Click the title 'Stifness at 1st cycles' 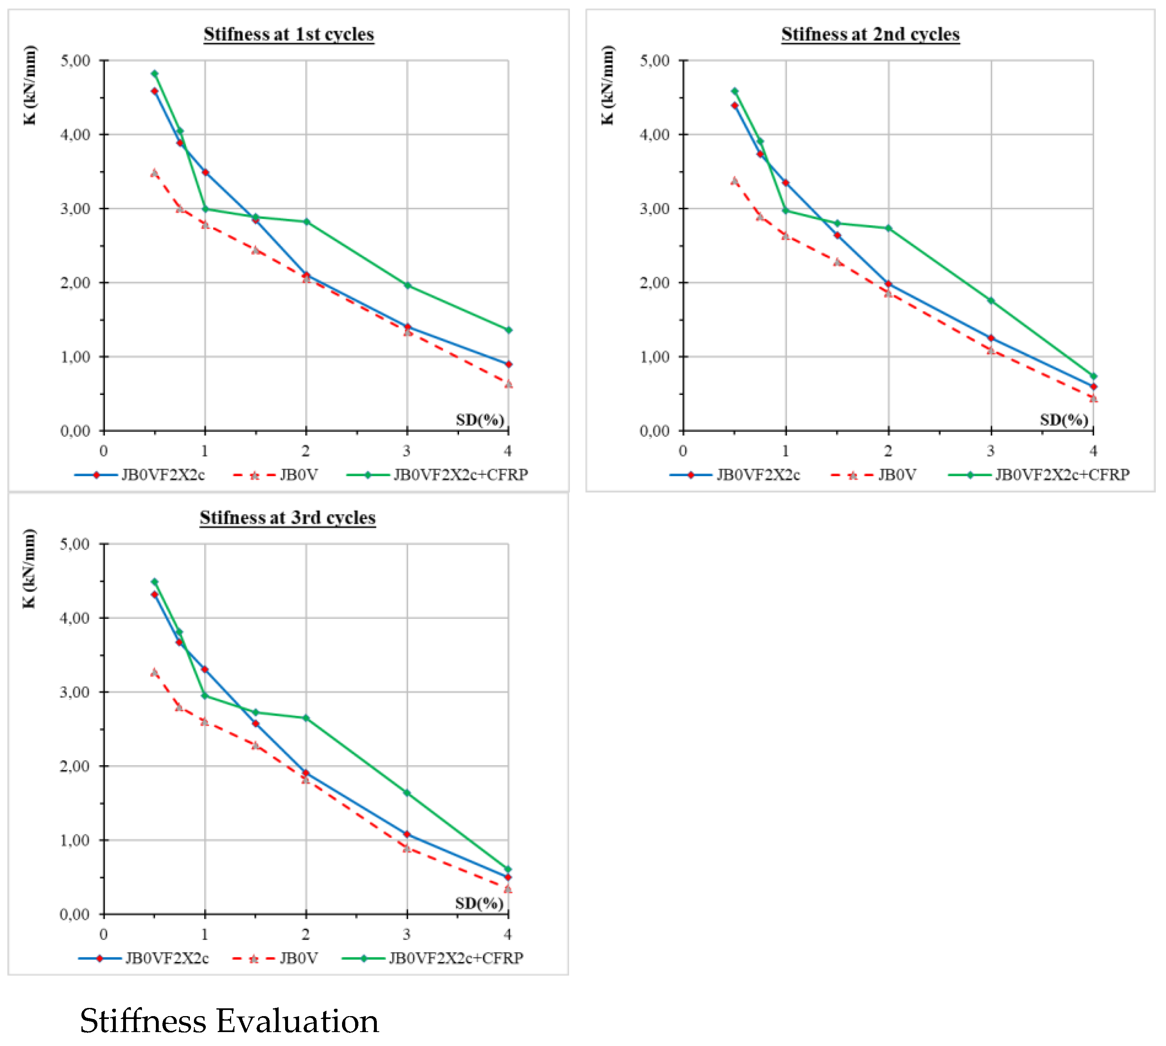[288, 34]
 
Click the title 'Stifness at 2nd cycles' [870, 34]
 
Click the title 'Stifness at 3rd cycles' [287, 518]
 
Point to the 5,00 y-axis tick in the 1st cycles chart [76, 61]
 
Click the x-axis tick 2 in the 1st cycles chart [306, 451]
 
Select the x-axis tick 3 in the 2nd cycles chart [990, 451]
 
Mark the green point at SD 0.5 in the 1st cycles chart [155, 74]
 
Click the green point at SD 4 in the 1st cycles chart [508, 330]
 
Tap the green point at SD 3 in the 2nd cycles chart [991, 300]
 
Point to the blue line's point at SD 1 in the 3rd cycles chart [205, 669]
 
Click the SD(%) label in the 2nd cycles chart [1064, 420]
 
